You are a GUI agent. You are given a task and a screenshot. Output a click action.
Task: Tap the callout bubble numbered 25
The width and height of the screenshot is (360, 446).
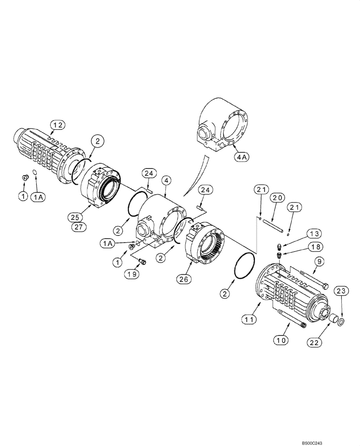pyautogui.click(x=76, y=217)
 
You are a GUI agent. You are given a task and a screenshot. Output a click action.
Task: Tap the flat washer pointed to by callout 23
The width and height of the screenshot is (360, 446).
pyautogui.click(x=340, y=322)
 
